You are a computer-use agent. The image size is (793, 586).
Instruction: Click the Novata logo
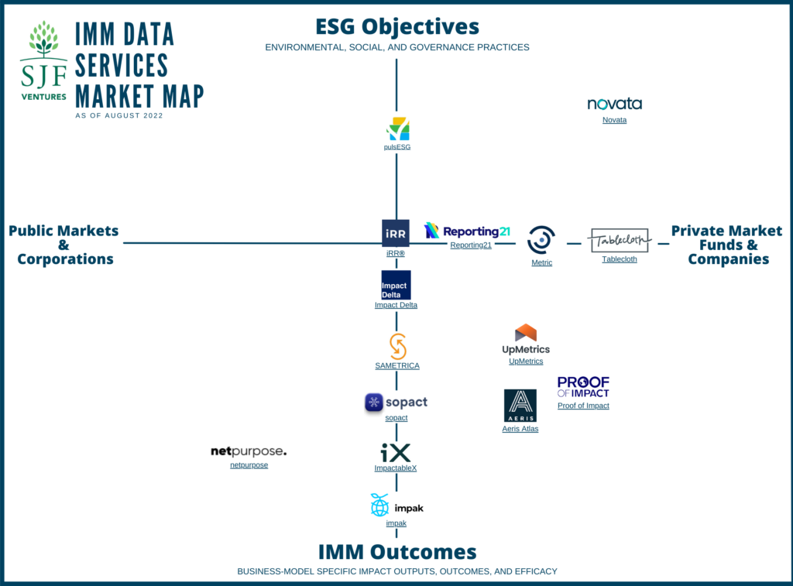click(614, 104)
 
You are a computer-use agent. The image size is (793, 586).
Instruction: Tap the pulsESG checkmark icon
click(397, 129)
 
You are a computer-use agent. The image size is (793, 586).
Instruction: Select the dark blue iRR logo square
click(396, 233)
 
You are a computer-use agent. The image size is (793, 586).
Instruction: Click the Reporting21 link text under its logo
click(471, 245)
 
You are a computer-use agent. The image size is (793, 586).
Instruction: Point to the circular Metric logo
click(541, 240)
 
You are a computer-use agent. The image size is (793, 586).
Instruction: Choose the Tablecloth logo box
click(619, 240)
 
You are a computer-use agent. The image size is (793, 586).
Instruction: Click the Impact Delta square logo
click(396, 285)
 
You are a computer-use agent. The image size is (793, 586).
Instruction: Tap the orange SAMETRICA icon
click(397, 346)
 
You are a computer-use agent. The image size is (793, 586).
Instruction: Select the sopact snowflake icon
click(374, 403)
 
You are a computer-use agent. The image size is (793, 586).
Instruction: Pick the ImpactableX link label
click(396, 468)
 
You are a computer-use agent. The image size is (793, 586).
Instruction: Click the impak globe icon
click(379, 505)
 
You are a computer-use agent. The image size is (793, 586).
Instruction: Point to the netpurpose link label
click(249, 465)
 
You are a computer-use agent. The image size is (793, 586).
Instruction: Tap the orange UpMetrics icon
click(526, 333)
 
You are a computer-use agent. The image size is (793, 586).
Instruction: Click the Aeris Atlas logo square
click(520, 406)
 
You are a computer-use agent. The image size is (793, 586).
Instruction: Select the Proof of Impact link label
click(583, 406)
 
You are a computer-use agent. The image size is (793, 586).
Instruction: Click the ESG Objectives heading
click(396, 27)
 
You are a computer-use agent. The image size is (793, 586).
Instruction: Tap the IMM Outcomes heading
click(396, 552)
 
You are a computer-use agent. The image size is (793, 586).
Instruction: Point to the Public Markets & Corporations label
click(64, 245)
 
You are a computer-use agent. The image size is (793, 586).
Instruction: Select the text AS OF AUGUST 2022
click(119, 115)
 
